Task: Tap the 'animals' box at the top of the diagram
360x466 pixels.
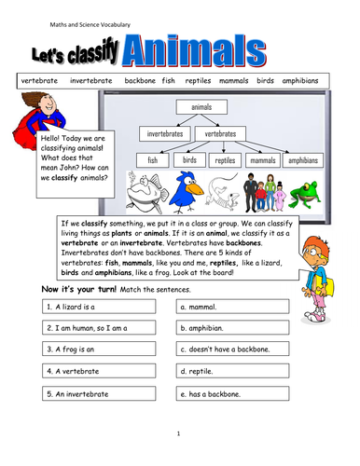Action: click(x=201, y=108)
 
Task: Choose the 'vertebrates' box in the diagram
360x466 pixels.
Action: click(x=220, y=134)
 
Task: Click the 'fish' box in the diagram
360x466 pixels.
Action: click(x=152, y=160)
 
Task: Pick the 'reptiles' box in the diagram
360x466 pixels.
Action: click(x=226, y=160)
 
